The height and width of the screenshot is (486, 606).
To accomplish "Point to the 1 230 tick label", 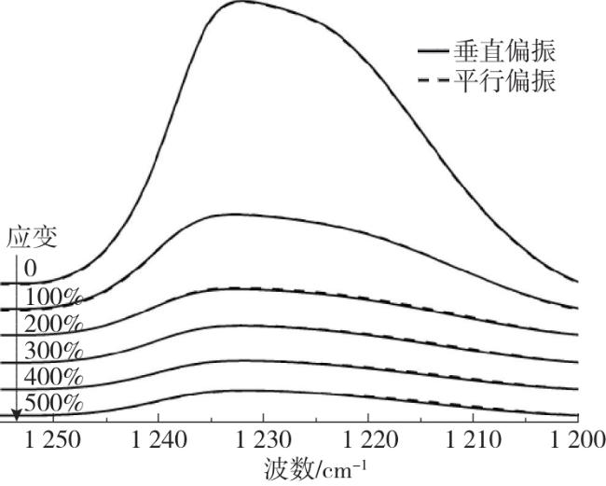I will pos(264,438).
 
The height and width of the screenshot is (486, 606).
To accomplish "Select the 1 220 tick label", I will pos(368,438).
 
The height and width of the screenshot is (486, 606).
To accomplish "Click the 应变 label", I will pos(33,237).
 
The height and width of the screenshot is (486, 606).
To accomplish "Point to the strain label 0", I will pos(31,269).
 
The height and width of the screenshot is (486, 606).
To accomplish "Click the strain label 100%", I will pos(53,299).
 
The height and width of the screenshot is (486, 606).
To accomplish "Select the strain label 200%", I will pos(53,326).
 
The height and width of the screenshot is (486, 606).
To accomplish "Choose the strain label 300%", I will pos(53,353).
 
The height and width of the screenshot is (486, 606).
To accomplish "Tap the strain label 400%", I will pos(53,379).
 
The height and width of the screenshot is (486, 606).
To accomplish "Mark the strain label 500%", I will pos(53,405).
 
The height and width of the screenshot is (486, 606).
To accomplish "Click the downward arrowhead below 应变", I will pos(16,413).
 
